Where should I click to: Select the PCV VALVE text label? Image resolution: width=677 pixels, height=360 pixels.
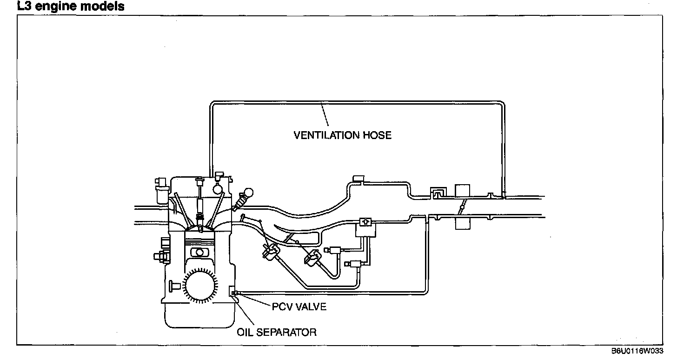click(x=299, y=307)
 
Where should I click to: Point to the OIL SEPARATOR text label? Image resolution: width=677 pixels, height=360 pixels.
click(x=277, y=332)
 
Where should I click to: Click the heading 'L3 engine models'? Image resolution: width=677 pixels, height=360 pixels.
click(x=71, y=7)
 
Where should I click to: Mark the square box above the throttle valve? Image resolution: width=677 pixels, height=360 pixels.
click(x=462, y=190)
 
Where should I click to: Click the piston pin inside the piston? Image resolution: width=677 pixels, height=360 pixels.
click(x=199, y=252)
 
